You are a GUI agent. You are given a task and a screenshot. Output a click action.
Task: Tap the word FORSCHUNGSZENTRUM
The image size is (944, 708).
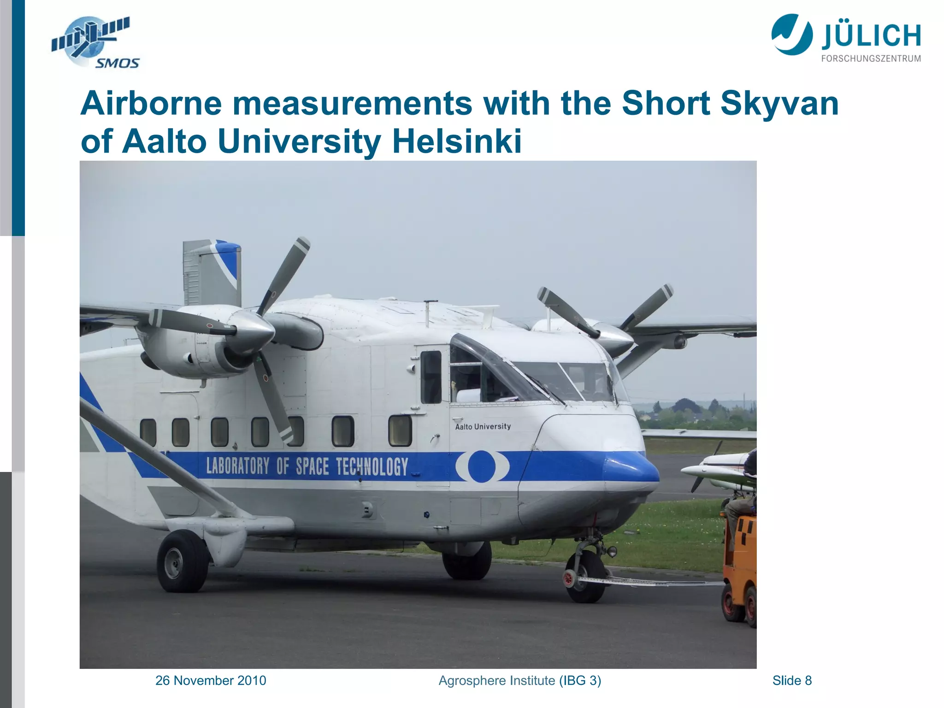coord(871,59)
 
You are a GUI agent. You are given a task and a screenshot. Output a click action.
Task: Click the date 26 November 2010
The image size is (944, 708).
coord(211,680)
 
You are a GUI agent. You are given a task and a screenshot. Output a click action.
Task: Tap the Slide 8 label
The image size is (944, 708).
coord(792,680)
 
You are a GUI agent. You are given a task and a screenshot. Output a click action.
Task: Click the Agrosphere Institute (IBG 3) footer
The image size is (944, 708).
coord(519,680)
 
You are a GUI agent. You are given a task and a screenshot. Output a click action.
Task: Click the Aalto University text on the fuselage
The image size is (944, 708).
coord(483,426)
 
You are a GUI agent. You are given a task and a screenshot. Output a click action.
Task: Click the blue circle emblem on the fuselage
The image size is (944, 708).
coord(482,466)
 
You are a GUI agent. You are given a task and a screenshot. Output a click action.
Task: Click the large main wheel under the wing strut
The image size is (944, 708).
coord(183,561)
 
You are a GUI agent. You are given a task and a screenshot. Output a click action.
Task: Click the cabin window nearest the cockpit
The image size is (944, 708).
coord(400,431)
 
